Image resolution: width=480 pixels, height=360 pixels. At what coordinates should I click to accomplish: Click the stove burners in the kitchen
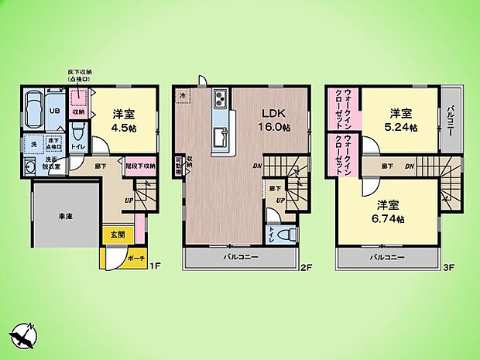219,99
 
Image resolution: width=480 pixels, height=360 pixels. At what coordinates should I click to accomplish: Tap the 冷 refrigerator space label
183,95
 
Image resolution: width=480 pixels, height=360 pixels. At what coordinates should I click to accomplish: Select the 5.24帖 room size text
403,125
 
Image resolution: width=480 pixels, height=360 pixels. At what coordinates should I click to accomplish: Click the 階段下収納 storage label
139,165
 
